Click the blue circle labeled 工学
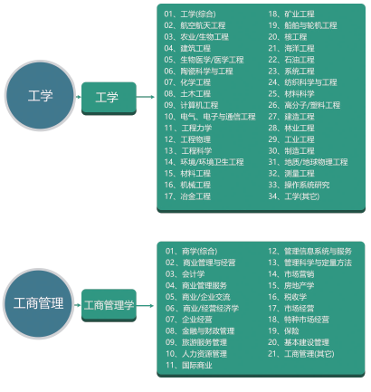tap(40, 96)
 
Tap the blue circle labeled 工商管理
tap(38, 303)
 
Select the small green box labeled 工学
tap(109, 98)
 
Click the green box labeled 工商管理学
tap(109, 305)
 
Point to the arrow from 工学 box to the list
tap(146, 97)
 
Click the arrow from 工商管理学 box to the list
tap(145, 306)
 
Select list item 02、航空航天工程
tap(195, 25)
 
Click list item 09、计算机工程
tap(191, 105)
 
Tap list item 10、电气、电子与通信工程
tap(210, 117)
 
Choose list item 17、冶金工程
tap(187, 196)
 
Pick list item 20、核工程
tap(288, 37)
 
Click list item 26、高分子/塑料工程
tap(304, 105)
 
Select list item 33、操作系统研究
tap(299, 185)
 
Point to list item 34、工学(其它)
tap(294, 196)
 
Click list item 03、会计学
tap(185, 274)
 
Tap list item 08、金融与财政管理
tap(200, 331)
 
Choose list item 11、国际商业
tap(188, 366)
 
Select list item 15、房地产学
tap(291, 285)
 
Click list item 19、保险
tap(283, 331)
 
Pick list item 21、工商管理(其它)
tap(301, 354)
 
